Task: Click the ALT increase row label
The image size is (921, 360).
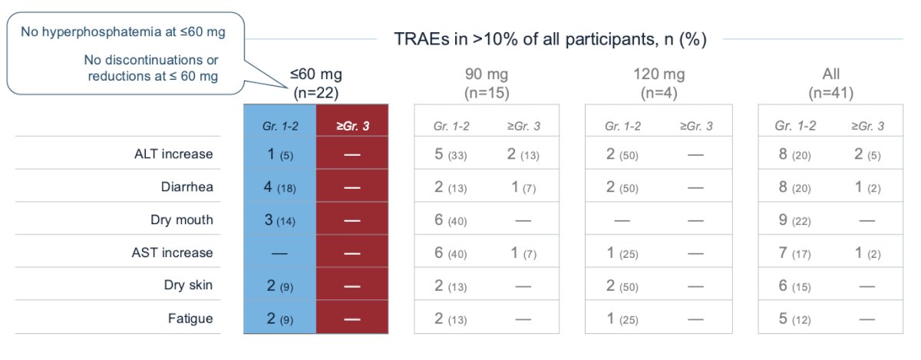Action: coord(173,154)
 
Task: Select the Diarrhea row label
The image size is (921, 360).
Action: coord(187,187)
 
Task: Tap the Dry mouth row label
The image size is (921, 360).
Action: coord(182,220)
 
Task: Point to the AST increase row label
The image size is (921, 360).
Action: coord(172,253)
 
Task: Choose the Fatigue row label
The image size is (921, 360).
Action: coord(190,319)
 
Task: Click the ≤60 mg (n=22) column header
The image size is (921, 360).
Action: coord(315,83)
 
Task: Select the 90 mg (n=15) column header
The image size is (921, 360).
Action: coord(487,83)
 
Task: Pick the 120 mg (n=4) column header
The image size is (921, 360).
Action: coord(659,83)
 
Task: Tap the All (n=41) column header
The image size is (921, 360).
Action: coord(831,83)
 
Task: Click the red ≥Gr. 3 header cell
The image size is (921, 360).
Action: coord(352,121)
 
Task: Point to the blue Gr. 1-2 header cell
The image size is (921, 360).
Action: coord(280,121)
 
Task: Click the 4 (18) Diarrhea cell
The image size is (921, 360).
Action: coord(279,187)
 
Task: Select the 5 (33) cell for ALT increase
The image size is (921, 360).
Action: coord(451,154)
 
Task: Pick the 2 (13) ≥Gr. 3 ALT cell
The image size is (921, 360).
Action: coord(523,154)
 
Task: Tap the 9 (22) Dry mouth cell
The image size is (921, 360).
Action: coord(795,220)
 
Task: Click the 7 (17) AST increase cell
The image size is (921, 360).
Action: coord(795,253)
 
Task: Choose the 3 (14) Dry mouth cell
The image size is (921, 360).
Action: coord(279,220)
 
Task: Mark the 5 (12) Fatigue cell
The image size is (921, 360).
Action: coord(795,319)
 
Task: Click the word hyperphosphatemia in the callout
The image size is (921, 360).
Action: coord(101,32)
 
